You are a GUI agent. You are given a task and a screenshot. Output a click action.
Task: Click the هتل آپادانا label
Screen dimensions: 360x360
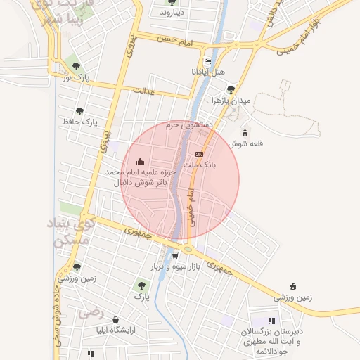[208, 72]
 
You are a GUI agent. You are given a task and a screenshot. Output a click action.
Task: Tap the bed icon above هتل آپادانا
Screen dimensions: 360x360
[207, 62]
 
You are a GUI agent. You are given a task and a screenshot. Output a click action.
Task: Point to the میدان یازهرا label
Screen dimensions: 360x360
[231, 101]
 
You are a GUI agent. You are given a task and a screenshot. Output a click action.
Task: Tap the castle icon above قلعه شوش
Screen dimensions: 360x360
[245, 133]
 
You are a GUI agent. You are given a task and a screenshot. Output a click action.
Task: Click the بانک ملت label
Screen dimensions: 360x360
[200, 165]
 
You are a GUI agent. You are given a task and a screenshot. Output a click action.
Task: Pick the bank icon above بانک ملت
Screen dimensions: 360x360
[199, 153]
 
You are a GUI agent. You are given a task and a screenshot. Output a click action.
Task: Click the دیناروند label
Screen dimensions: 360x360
[171, 13]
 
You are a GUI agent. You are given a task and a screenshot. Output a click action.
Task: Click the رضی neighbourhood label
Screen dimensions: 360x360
[91, 309]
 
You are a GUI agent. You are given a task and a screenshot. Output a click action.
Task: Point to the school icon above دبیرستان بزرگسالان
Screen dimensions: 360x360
[271, 321]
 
